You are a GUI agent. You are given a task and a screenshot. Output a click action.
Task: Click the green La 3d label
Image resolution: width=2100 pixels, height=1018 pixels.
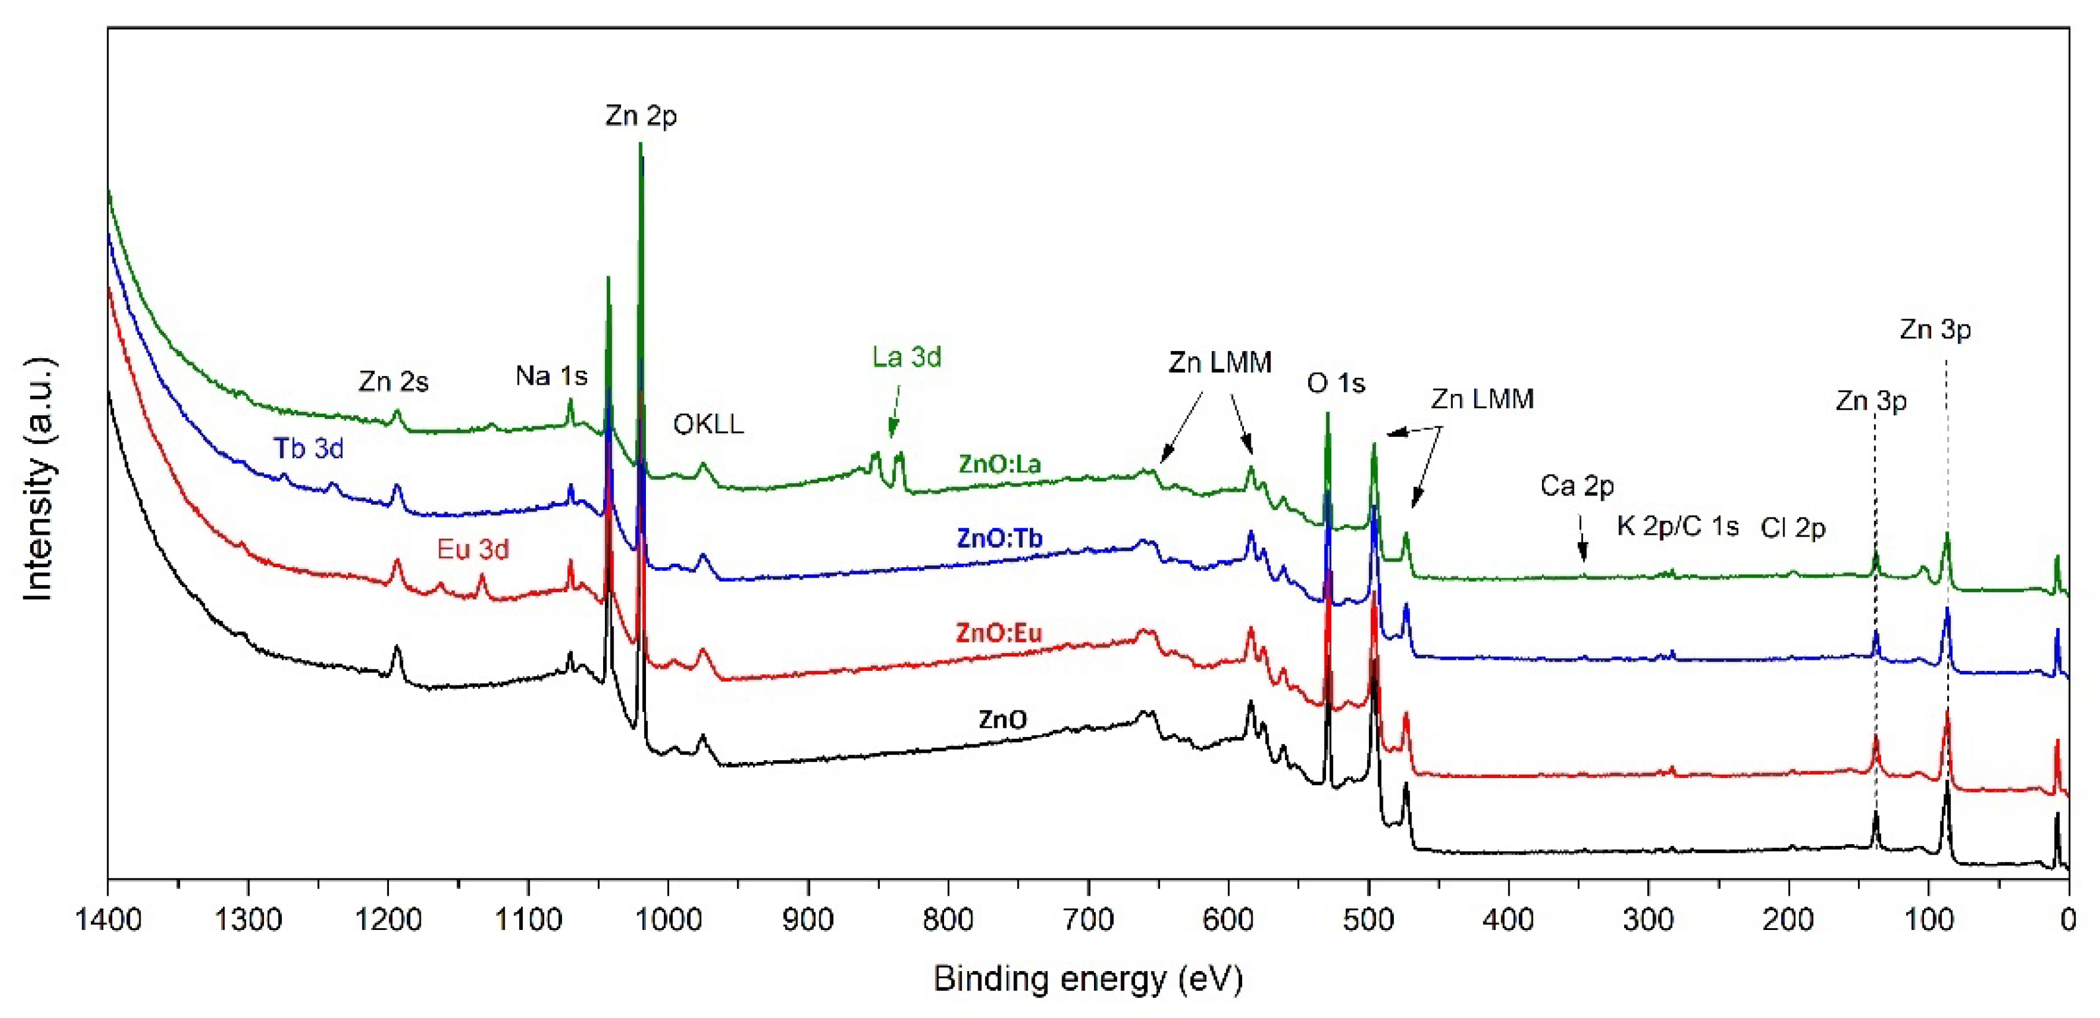point(906,357)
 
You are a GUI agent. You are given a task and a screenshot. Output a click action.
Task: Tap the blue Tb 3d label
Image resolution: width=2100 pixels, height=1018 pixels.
point(308,448)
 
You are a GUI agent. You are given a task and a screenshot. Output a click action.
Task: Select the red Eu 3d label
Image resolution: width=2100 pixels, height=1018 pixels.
point(473,550)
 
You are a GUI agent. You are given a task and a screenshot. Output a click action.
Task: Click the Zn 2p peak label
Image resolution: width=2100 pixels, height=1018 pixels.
point(641,116)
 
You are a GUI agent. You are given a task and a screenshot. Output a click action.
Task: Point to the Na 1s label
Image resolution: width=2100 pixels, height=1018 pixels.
point(551,376)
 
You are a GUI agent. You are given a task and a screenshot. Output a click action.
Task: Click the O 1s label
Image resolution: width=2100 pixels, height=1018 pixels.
point(1335,384)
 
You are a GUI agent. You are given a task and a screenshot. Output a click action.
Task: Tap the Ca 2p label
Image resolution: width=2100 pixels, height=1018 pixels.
point(1577,486)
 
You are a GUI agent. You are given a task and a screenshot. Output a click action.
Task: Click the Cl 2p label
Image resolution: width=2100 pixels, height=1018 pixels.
point(1793,528)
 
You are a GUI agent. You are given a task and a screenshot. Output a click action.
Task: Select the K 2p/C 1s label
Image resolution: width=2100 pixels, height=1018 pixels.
point(1677,527)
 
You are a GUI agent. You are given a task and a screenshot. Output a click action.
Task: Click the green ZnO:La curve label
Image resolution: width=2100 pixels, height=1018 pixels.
point(1000,465)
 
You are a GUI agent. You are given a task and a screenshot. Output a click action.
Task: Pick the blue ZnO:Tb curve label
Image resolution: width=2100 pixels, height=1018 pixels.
point(1000,539)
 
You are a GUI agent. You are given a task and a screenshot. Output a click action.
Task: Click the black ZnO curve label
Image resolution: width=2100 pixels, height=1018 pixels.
point(1003,720)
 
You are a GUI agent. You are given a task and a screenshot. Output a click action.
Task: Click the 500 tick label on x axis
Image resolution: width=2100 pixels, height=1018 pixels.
point(1369,920)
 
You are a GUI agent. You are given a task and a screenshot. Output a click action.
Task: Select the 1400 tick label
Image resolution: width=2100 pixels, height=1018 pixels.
point(108,920)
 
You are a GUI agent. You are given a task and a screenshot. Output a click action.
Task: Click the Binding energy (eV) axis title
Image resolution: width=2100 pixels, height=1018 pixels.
point(1088,978)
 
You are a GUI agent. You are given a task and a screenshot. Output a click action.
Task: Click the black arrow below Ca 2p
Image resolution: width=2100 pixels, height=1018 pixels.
point(1583,540)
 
